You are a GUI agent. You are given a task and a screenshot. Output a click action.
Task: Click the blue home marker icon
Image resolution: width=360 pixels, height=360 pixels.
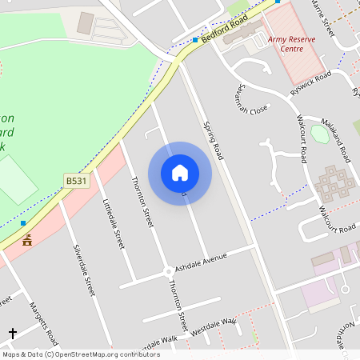(x=180, y=172)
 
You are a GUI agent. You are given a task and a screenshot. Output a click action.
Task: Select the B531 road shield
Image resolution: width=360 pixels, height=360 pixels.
(x=76, y=182)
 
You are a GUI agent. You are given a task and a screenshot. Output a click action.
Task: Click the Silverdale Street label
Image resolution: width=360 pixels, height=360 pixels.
(x=84, y=270)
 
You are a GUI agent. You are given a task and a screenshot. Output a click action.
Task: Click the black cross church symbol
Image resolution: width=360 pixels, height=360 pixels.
(x=12, y=332)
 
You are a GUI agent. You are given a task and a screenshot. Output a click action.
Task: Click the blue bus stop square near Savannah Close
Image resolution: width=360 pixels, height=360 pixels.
(x=195, y=40)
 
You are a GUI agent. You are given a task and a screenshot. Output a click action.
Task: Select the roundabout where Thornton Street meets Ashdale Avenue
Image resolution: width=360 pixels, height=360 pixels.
(x=168, y=271)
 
